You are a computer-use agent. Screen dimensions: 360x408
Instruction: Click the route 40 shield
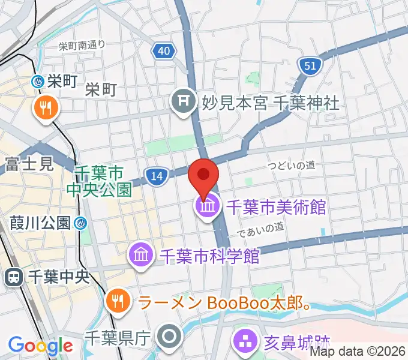163,51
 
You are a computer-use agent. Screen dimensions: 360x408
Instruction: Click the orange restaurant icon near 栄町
45,108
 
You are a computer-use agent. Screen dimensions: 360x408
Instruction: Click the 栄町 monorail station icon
38,81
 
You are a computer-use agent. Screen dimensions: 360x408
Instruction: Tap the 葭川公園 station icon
80,224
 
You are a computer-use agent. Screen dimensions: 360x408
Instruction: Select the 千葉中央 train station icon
13,277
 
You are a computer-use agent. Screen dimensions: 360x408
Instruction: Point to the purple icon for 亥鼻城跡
245,343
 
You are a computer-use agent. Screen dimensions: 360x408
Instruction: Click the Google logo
40,346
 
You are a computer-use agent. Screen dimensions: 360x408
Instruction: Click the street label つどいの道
292,165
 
